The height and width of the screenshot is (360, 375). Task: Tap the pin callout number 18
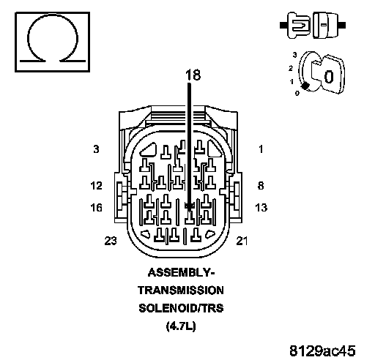point(193,75)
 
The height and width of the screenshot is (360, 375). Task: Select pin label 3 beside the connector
point(96,149)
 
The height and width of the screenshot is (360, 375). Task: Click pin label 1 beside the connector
point(261,149)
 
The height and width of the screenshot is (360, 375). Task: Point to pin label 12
point(96,186)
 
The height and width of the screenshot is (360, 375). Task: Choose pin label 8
point(261,186)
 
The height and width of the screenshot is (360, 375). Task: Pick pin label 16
point(96,208)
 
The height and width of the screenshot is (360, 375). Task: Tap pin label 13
point(261,208)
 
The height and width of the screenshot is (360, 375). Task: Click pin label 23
point(111,241)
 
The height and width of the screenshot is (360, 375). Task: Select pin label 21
point(242,241)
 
